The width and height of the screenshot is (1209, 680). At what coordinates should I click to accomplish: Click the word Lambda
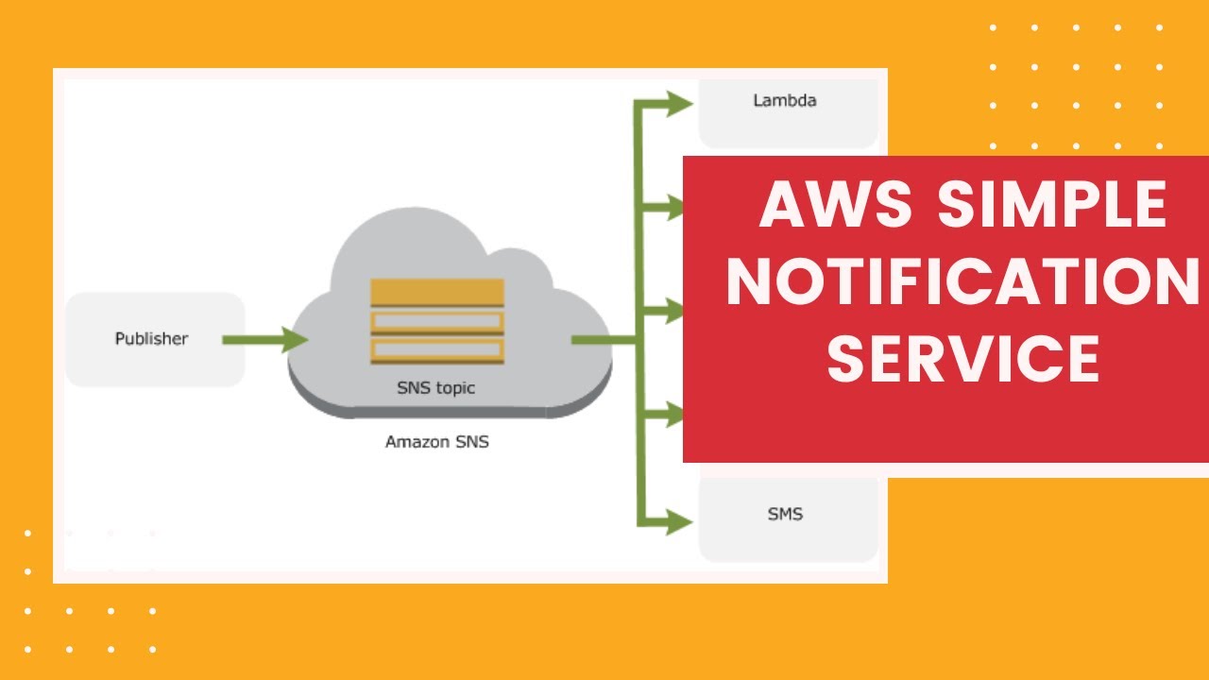[x=784, y=100]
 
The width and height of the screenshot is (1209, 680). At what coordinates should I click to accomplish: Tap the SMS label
[x=785, y=515]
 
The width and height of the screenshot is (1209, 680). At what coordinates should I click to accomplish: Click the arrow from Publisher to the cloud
[x=255, y=339]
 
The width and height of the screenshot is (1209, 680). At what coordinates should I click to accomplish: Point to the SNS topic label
[x=436, y=387]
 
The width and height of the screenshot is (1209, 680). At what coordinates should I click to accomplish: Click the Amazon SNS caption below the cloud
[x=436, y=441]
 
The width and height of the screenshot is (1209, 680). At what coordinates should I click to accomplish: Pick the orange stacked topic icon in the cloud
[x=437, y=321]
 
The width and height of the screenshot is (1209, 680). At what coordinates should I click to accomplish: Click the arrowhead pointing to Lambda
[x=679, y=103]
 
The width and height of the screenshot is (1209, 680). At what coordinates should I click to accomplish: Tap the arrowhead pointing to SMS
[x=679, y=518]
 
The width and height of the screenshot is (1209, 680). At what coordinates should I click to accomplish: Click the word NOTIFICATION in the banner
[x=962, y=282]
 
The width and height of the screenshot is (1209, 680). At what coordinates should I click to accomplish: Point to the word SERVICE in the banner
[x=963, y=359]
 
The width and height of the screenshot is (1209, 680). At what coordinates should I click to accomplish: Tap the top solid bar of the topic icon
[x=437, y=292]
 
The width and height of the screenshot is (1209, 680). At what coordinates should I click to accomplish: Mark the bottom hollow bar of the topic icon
[x=437, y=350]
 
